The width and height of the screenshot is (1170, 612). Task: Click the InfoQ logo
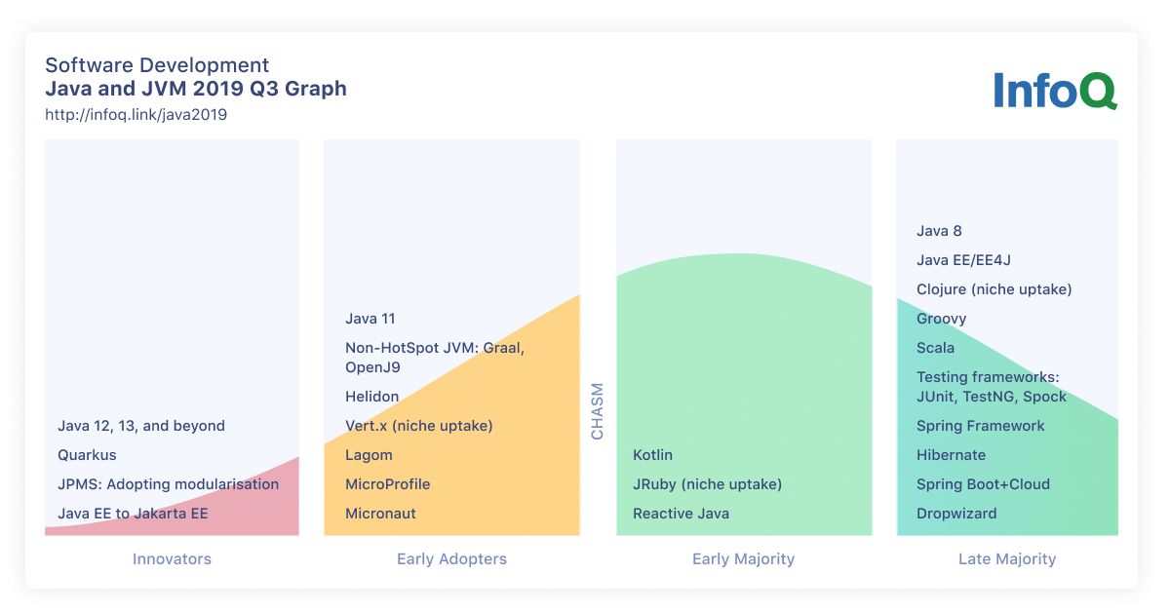pyautogui.click(x=1055, y=91)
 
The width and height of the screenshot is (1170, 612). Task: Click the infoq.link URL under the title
pyautogui.click(x=136, y=115)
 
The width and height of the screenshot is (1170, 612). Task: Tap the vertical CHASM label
pyautogui.click(x=597, y=411)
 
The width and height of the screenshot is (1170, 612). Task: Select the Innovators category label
pyautogui.click(x=172, y=558)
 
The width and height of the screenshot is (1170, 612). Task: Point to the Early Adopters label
pyautogui.click(x=451, y=559)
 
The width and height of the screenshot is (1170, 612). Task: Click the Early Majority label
pyautogui.click(x=743, y=559)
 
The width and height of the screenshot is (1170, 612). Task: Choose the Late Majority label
pyautogui.click(x=1007, y=559)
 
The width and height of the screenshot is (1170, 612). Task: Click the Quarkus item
pyautogui.click(x=87, y=455)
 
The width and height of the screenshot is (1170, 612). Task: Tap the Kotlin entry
pyautogui.click(x=652, y=455)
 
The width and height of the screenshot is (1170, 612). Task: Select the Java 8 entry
pyautogui.click(x=939, y=231)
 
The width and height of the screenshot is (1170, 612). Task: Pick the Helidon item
pyautogui.click(x=371, y=397)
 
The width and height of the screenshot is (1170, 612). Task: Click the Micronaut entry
pyautogui.click(x=380, y=514)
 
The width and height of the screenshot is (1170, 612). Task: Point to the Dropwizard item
pyautogui.click(x=956, y=514)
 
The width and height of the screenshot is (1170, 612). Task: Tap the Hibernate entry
pyautogui.click(x=952, y=455)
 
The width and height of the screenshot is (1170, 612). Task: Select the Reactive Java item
pyautogui.click(x=681, y=514)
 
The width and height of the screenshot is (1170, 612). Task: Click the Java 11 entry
pyautogui.click(x=370, y=319)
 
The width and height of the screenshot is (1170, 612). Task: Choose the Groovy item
pyautogui.click(x=941, y=319)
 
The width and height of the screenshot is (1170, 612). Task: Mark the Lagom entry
pyautogui.click(x=369, y=455)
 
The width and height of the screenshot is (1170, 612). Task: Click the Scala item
pyautogui.click(x=935, y=348)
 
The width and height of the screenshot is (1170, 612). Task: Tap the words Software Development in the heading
pyautogui.click(x=157, y=65)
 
